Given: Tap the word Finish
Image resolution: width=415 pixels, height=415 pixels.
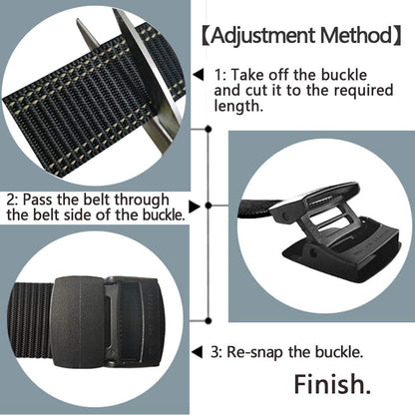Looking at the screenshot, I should tap(330, 384).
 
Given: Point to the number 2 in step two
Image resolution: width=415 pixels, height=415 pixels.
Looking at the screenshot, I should tap(10, 198).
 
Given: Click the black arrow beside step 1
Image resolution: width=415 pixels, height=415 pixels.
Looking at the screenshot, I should tap(198, 74).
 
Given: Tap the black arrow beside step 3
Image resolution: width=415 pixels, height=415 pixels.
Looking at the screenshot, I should tap(197, 352).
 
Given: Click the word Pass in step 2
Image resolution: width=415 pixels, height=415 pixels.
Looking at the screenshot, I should tap(40, 198).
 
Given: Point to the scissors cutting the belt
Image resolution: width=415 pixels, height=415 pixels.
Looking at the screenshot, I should tap(150, 70).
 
